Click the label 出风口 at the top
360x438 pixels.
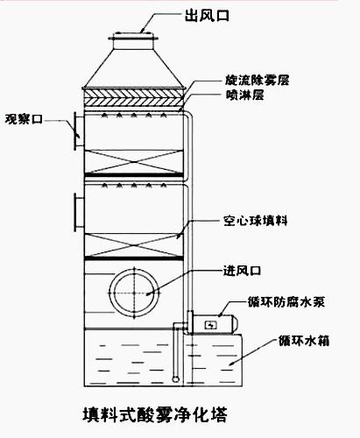tap(207, 16)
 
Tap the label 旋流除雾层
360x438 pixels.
tap(258, 81)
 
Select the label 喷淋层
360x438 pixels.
tap(245, 95)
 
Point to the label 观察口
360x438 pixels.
tap(24, 119)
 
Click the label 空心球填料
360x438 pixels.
tap(256, 221)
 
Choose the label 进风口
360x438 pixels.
tap(242, 271)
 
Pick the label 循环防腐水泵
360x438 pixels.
tap(286, 301)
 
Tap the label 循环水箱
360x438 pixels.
tap(304, 341)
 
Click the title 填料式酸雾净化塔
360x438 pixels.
tap(155, 415)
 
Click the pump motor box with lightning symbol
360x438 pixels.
tap(209, 324)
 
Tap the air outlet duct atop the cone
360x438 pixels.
tap(133, 40)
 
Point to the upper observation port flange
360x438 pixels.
tap(78, 131)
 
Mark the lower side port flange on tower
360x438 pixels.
tap(78, 212)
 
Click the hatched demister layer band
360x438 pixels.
tap(134, 98)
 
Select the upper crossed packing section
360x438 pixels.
tap(134, 162)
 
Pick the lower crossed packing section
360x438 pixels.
tap(134, 246)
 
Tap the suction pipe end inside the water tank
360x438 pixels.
tap(175, 379)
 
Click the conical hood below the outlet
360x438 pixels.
tap(134, 68)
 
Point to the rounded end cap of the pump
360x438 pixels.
tap(235, 324)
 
